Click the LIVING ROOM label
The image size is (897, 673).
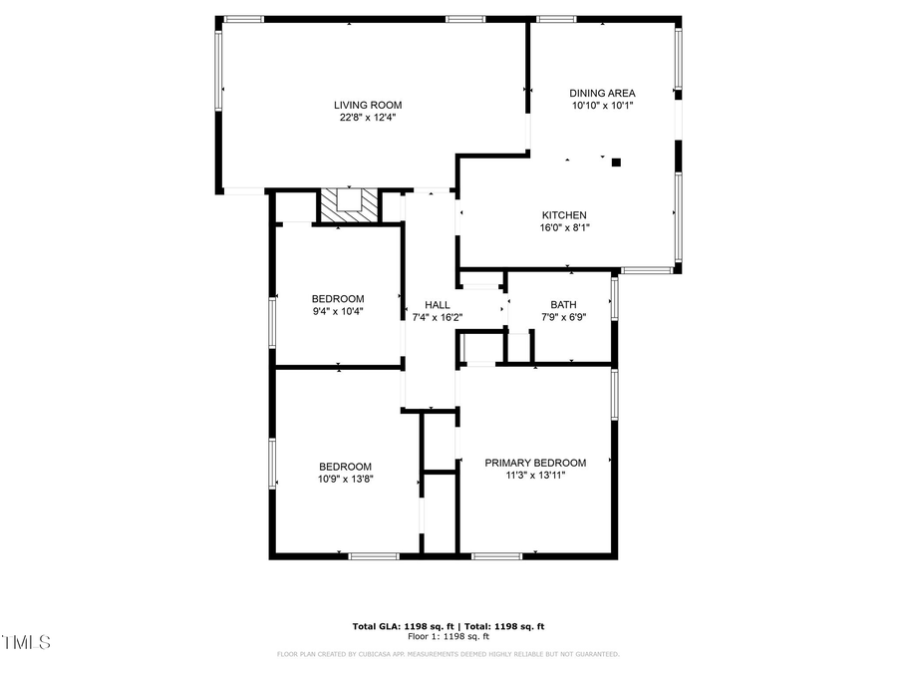pyautogui.click(x=368, y=105)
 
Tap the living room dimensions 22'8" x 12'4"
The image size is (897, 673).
pyautogui.click(x=368, y=117)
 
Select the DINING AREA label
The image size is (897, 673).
pyautogui.click(x=602, y=93)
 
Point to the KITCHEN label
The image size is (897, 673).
pyautogui.click(x=564, y=215)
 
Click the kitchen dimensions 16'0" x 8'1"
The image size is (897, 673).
pyautogui.click(x=564, y=227)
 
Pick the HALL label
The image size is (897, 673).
pyautogui.click(x=438, y=305)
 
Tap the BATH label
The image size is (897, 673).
pyautogui.click(x=563, y=305)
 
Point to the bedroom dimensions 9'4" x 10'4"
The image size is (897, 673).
pyautogui.click(x=338, y=311)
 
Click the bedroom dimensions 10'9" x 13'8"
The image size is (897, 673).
pyautogui.click(x=345, y=480)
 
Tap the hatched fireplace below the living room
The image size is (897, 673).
pyautogui.click(x=349, y=206)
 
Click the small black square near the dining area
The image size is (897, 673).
pyautogui.click(x=616, y=162)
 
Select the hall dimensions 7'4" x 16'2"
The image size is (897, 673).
pyautogui.click(x=438, y=318)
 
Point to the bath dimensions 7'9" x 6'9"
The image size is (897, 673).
pyautogui.click(x=563, y=318)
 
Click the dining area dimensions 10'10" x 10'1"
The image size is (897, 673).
pyautogui.click(x=602, y=105)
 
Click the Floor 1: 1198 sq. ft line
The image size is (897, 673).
pyautogui.click(x=448, y=636)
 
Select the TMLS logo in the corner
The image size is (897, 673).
pyautogui.click(x=27, y=642)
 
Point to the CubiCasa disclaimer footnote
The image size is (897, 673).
pyautogui.click(x=448, y=654)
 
